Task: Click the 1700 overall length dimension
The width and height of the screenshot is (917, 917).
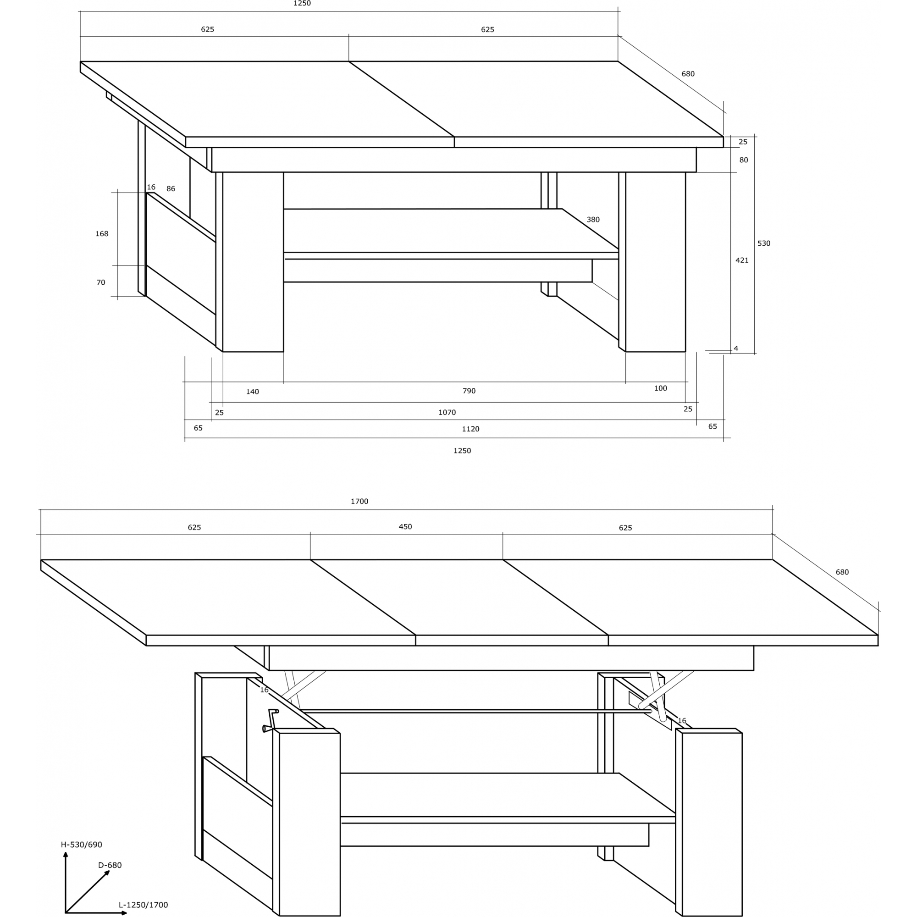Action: click(x=359, y=501)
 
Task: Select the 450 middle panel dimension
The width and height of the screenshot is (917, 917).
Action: click(x=405, y=526)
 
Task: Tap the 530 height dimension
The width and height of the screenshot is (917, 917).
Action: click(x=764, y=243)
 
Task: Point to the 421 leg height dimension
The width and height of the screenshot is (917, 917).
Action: click(x=742, y=260)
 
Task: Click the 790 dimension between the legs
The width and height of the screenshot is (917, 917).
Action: click(x=469, y=391)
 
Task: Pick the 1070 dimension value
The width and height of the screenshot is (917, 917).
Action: click(x=447, y=412)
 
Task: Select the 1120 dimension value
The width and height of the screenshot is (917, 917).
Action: click(x=470, y=429)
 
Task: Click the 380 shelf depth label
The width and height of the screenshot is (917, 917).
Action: click(x=593, y=219)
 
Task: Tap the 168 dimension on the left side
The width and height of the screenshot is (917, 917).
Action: click(x=102, y=233)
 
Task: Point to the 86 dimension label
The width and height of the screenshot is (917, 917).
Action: click(x=171, y=188)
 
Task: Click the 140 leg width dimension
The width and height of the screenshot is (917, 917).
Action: click(x=253, y=392)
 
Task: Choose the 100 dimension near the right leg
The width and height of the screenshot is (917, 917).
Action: click(x=661, y=388)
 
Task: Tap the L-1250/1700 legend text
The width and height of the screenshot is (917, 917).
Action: click(x=144, y=905)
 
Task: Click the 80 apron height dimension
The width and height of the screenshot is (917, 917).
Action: click(x=743, y=160)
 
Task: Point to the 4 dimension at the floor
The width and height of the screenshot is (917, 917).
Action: click(x=736, y=348)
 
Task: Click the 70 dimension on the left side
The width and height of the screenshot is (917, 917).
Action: click(x=100, y=282)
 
